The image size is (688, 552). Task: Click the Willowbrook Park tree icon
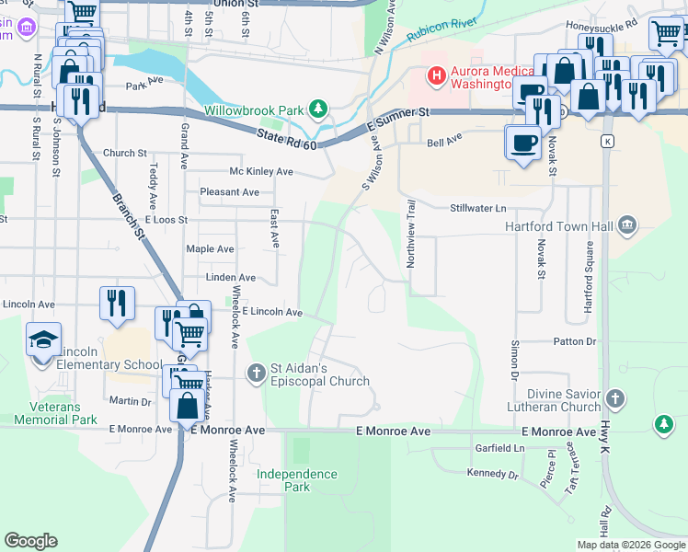[318, 110]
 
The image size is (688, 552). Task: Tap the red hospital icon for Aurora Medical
[437, 75]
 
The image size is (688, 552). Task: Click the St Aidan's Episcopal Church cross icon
[258, 373]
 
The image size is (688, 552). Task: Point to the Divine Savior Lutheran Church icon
[614, 398]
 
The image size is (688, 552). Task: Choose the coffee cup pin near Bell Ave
[523, 144]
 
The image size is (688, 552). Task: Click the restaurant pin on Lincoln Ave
[117, 304]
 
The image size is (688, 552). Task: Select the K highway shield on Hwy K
[607, 141]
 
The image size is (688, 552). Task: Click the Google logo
[30, 540]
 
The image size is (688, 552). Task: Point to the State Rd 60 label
[286, 141]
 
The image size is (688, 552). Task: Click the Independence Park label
[296, 480]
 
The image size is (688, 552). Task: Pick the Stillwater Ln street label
[478, 209]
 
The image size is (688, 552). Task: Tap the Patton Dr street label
[575, 341]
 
